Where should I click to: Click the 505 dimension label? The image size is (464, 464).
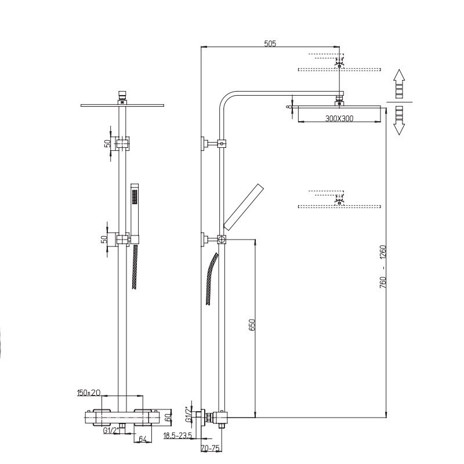tap(270, 43)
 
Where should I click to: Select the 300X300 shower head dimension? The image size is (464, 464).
tap(339, 118)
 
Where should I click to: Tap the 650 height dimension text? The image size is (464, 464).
tap(252, 325)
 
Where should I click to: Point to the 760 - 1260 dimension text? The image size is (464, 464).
tap(383, 267)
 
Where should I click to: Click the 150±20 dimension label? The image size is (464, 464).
tap(89, 393)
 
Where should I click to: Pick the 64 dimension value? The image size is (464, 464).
tap(143, 439)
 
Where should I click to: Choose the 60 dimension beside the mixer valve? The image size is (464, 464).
tap(168, 418)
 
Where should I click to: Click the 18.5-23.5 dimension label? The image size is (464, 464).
tap(178, 436)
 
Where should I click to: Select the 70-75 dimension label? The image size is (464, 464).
tap(211, 448)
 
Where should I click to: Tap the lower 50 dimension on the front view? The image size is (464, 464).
tap(104, 239)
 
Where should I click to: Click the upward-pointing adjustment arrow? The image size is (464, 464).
tap(399, 84)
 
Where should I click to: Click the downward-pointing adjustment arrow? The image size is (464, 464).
tap(399, 121)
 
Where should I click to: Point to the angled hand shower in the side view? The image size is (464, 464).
tap(243, 207)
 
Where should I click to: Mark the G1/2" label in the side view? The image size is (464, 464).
tap(188, 415)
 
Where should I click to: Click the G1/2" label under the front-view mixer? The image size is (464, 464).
tap(110, 431)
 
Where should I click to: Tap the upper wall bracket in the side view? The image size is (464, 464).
tap(213, 144)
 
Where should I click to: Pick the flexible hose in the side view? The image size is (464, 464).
tap(212, 279)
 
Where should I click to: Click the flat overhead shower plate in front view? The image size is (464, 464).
tap(122, 105)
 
